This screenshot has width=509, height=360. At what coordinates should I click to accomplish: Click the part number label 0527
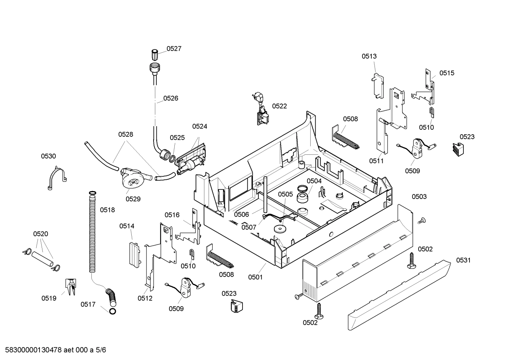pyautogui.click(x=174, y=49)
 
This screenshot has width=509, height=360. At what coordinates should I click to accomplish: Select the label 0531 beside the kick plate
pyautogui.click(x=463, y=260)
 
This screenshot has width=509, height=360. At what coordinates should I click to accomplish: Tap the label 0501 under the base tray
pyautogui.click(x=255, y=277)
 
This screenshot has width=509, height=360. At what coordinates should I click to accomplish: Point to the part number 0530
pyautogui.click(x=48, y=156)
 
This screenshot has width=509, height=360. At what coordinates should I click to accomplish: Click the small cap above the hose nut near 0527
pyautogui.click(x=154, y=55)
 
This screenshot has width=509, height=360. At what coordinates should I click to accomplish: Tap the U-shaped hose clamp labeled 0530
pyautogui.click(x=57, y=178)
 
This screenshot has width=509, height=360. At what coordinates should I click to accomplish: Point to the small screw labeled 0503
pyautogui.click(x=421, y=221)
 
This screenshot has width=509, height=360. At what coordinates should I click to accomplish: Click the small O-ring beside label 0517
pyautogui.click(x=113, y=311)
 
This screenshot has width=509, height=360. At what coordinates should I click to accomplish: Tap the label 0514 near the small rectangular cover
pyautogui.click(x=127, y=226)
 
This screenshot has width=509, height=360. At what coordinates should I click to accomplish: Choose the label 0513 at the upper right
pyautogui.click(x=369, y=56)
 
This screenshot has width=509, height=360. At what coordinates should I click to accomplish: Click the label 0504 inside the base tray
pyautogui.click(x=314, y=181)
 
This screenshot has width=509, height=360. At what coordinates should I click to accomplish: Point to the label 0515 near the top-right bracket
pyautogui.click(x=447, y=73)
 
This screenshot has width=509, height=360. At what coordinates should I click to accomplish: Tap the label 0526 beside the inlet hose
pyautogui.click(x=170, y=98)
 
